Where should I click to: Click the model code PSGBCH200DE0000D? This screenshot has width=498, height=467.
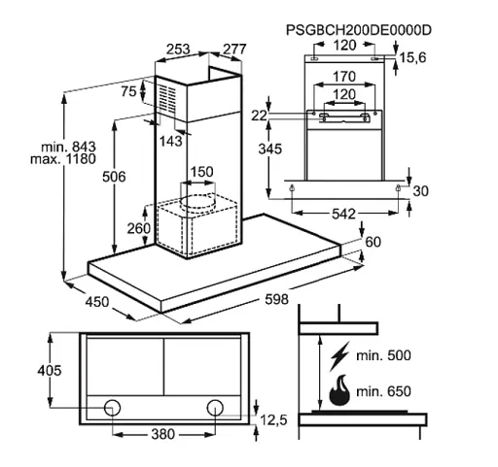point(358,30)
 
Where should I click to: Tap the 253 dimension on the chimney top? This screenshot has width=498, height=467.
point(178,50)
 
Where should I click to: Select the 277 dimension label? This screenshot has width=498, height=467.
point(234,50)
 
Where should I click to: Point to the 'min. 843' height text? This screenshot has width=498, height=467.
point(68,147)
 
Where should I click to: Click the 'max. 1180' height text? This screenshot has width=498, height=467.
point(63,159)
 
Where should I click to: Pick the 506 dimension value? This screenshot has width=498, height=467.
point(114,177)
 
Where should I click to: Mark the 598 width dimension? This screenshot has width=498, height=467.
point(276,299)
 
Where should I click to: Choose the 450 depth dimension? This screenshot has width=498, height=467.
point(97,302)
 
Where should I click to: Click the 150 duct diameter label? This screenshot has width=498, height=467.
point(201,172)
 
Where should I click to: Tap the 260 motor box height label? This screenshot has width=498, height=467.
point(139,228)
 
